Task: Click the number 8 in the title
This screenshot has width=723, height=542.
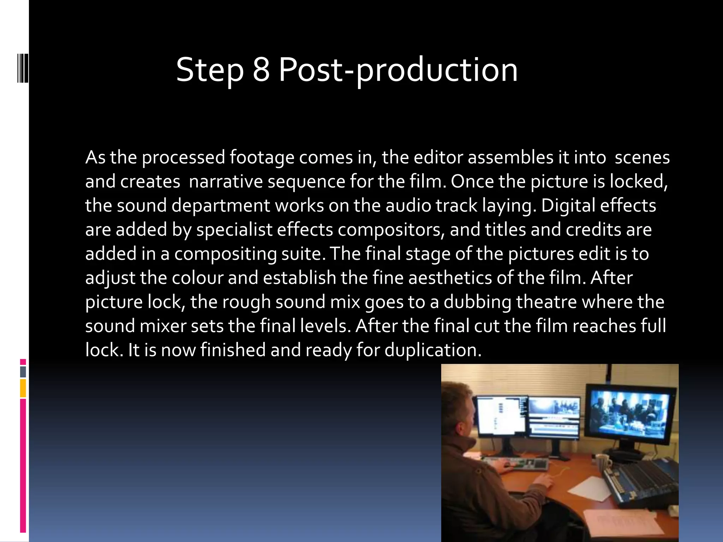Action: [261, 70]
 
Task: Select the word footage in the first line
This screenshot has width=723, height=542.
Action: [262, 158]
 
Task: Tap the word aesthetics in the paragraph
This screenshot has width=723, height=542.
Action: [450, 278]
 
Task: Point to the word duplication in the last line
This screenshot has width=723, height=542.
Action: [433, 350]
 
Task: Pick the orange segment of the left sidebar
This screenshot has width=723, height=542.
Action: [23, 388]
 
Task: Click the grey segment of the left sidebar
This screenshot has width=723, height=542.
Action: [23, 372]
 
